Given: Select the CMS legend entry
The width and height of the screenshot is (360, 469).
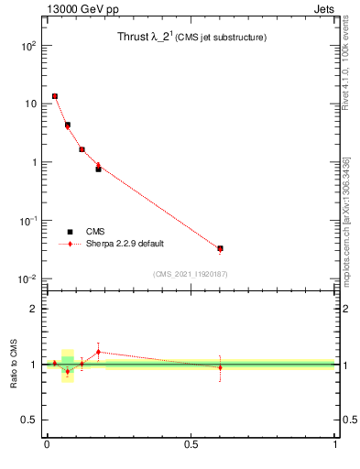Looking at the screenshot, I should pos(95,232).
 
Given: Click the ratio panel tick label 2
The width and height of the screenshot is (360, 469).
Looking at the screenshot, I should pos(34,309).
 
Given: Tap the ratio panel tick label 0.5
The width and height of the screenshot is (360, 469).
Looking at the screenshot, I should pos(30,420).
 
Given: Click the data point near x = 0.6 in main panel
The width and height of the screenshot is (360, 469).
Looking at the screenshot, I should pos(220,248).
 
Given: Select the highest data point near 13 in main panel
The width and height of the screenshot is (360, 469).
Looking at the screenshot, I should pos(55,96).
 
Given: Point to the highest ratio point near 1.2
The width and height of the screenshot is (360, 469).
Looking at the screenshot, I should pos(98,352).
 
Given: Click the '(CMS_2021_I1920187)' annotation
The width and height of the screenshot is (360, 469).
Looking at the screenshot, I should pos(191,274).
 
